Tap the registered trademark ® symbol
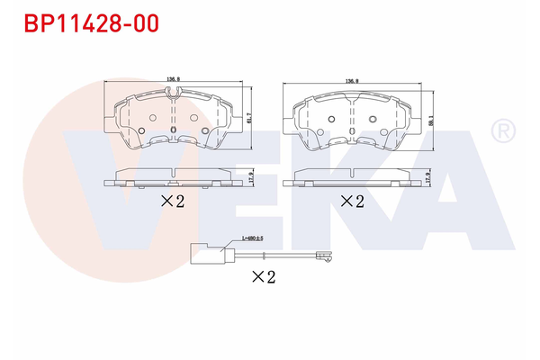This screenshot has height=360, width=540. point(500,132)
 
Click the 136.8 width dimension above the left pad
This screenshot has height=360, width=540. point(171,78)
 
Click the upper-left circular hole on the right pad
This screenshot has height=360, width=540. point(330,120)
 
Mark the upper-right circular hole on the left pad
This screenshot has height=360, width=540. point(191,118)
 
